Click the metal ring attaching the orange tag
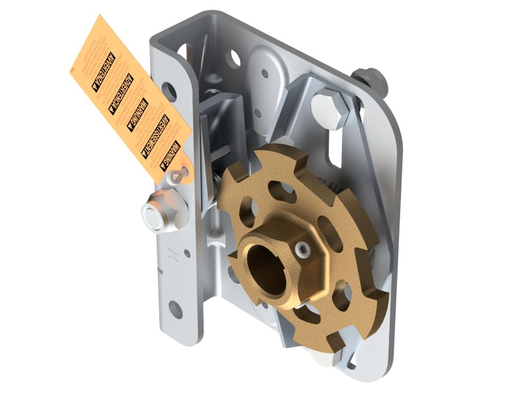[x=178, y=175]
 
